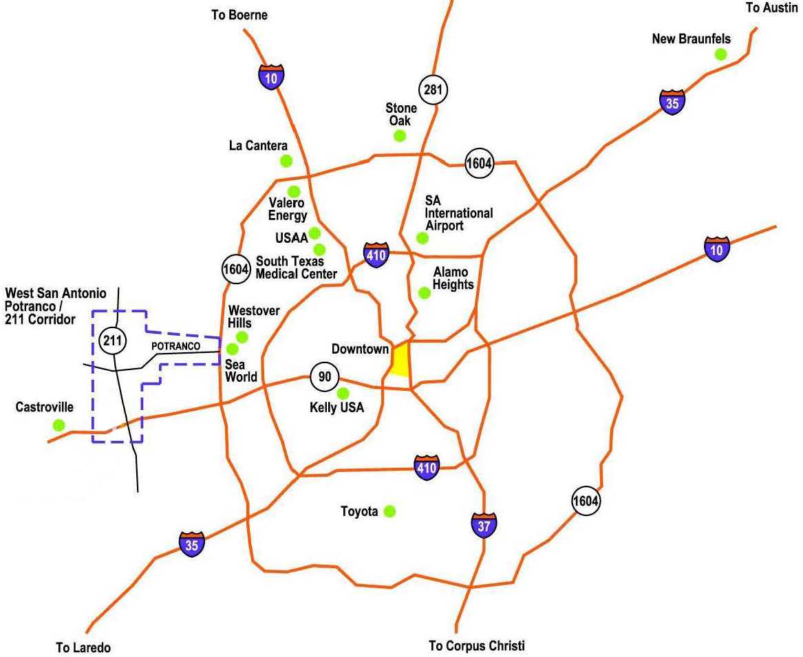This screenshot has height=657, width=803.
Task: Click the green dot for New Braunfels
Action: pyautogui.click(x=720, y=54)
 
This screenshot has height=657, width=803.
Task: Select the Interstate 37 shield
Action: pyautogui.click(x=484, y=524)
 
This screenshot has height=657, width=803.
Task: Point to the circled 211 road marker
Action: pyautogui.click(x=113, y=339)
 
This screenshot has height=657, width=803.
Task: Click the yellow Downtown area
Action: pyautogui.click(x=400, y=359)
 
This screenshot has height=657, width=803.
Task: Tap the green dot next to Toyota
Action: pyautogui.click(x=389, y=510)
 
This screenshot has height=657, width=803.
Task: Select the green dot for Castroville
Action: pyautogui.click(x=58, y=425)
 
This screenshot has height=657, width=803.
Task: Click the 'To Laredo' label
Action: pyautogui.click(x=83, y=647)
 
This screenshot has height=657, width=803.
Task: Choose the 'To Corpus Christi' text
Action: pyautogui.click(x=476, y=645)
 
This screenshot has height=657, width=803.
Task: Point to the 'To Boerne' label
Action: pyautogui.click(x=239, y=14)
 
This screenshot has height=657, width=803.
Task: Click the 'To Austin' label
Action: pyautogui.click(x=771, y=8)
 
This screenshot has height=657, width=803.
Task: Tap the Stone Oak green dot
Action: pyautogui.click(x=400, y=136)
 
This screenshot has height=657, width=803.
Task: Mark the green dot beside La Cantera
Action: pyautogui.click(x=286, y=161)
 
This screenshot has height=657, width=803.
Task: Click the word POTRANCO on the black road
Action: pyautogui.click(x=175, y=345)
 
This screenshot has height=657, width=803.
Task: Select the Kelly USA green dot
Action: pyautogui.click(x=343, y=393)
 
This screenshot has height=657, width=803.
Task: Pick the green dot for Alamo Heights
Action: pyautogui.click(x=425, y=292)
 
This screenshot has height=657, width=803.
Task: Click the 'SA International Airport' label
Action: pyautogui.click(x=458, y=213)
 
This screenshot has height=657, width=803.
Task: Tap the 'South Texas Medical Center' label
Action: pyautogui.click(x=296, y=268)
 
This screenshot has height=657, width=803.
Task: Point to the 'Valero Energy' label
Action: pyautogui.click(x=288, y=209)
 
